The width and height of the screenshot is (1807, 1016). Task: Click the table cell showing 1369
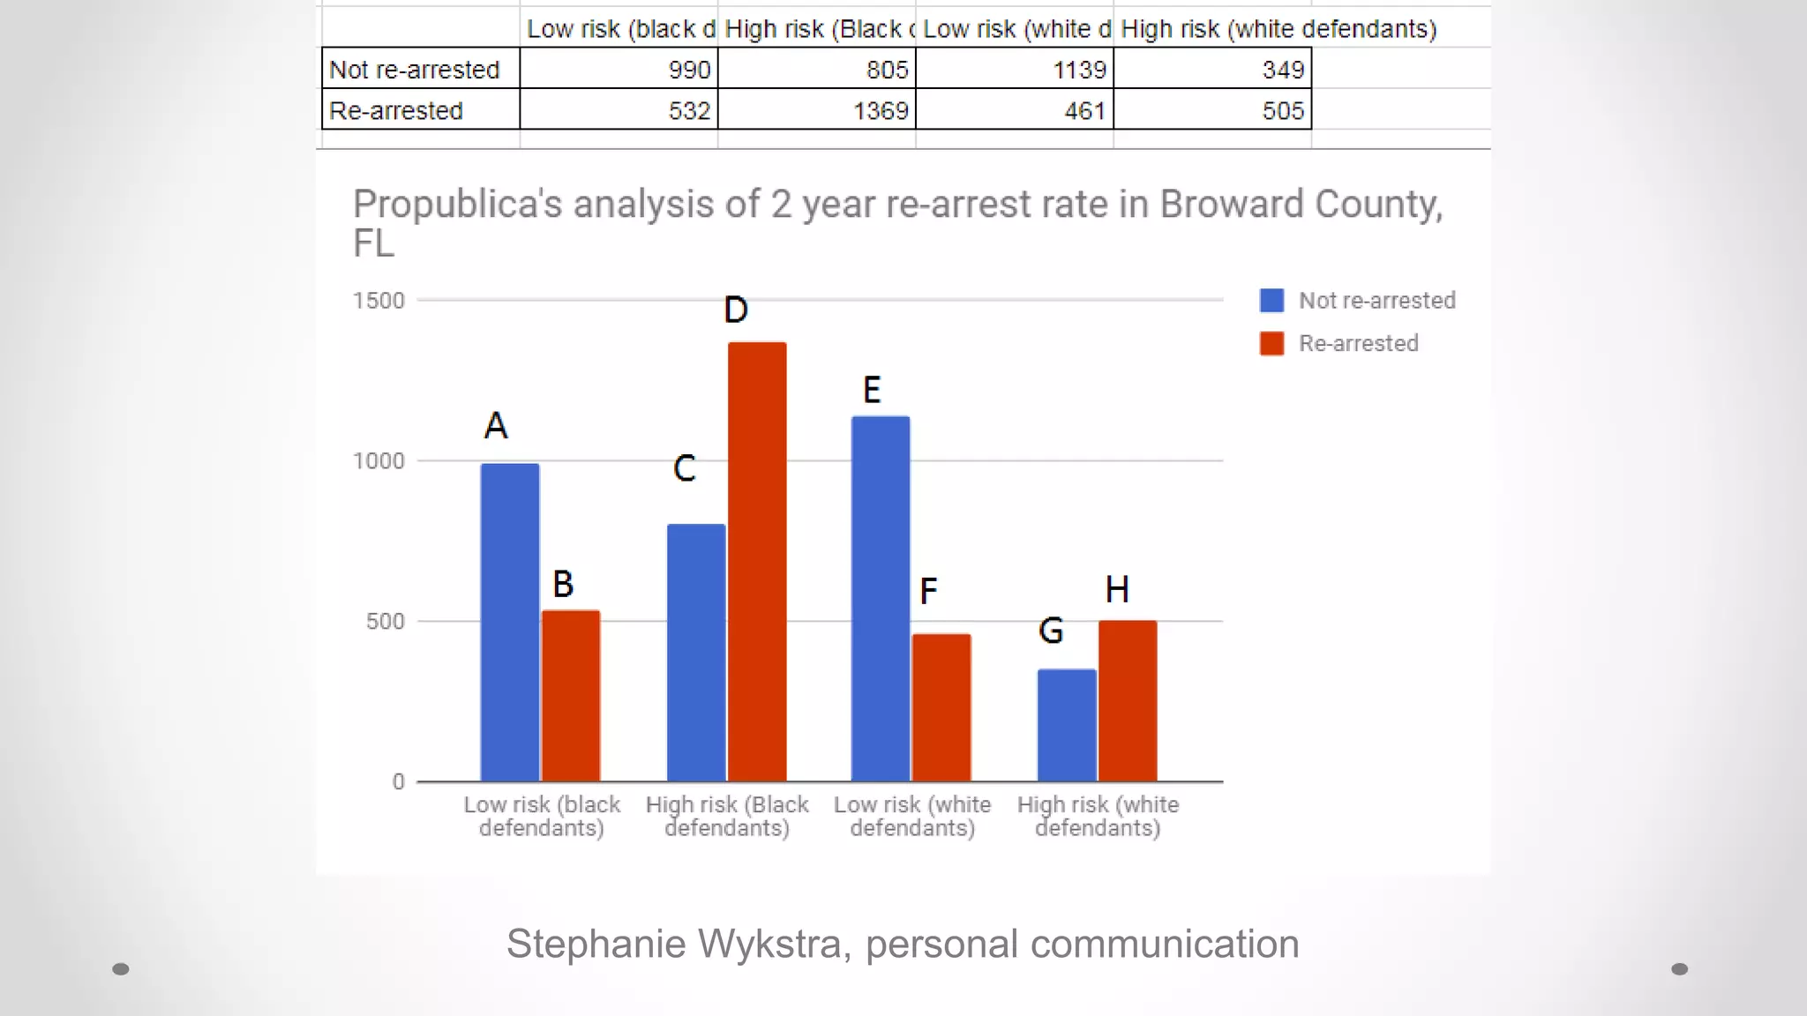click(x=817, y=110)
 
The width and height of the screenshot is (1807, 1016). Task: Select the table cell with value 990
click(x=619, y=70)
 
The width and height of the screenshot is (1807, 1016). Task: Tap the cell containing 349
click(x=1212, y=70)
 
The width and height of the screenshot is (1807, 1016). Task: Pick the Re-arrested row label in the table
click(x=397, y=110)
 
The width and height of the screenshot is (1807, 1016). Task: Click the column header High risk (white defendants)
click(x=1278, y=29)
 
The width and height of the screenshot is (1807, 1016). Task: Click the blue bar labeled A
click(x=510, y=623)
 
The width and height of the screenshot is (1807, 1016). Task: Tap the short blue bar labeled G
click(x=1067, y=725)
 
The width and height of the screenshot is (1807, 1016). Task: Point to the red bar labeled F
click(x=941, y=707)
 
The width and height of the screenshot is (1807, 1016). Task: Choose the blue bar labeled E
click(x=881, y=599)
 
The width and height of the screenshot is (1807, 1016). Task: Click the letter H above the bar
click(x=1117, y=589)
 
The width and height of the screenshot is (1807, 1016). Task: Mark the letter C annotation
click(x=685, y=468)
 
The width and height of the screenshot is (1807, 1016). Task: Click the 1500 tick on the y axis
click(x=379, y=301)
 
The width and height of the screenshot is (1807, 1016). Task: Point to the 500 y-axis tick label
click(x=385, y=621)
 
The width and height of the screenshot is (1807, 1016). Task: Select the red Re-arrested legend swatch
click(x=1271, y=343)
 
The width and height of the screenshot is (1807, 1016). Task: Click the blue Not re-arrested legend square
click(x=1271, y=301)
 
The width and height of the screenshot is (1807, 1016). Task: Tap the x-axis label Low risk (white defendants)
click(x=912, y=816)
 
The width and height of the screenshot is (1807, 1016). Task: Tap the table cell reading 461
click(x=1015, y=110)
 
